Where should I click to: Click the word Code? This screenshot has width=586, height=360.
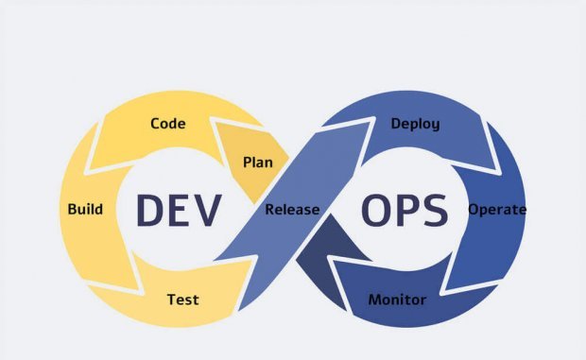click(x=167, y=124)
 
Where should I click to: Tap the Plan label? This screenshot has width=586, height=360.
click(x=257, y=162)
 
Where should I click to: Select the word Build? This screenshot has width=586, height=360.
click(x=85, y=209)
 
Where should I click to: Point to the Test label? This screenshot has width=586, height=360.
click(x=182, y=300)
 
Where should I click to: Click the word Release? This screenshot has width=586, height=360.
click(x=292, y=209)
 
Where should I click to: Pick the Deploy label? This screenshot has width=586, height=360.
click(x=415, y=124)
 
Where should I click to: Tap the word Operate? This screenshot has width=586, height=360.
click(x=497, y=209)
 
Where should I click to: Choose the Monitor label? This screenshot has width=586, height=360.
click(x=397, y=300)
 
